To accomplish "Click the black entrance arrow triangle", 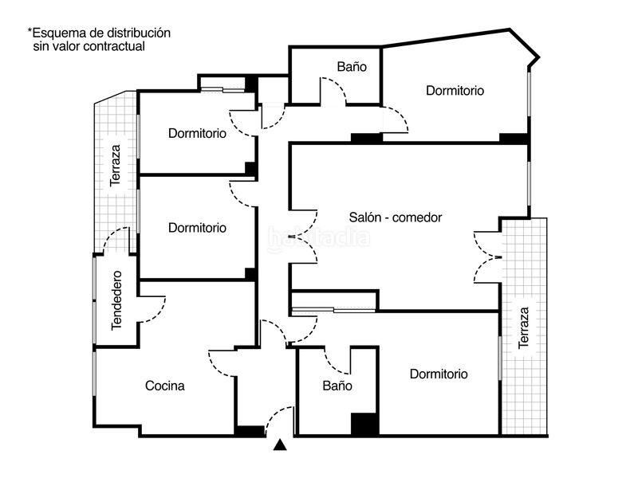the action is (x=280, y=445).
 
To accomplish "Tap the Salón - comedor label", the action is (x=396, y=217).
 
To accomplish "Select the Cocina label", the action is (x=165, y=386).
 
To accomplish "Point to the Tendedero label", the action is (x=116, y=300).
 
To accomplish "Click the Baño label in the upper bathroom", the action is (x=352, y=67).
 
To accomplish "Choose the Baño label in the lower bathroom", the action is (x=337, y=386).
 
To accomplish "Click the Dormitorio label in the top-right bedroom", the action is (x=455, y=91).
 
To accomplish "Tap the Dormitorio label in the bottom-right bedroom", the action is (x=439, y=374).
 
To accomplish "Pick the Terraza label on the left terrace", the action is (x=116, y=166).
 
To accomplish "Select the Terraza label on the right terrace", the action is (x=524, y=327).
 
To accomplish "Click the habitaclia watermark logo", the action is (x=319, y=238).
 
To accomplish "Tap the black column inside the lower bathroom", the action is (x=364, y=424).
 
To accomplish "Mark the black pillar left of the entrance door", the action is (x=250, y=431).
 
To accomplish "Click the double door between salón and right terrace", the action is (x=487, y=257).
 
